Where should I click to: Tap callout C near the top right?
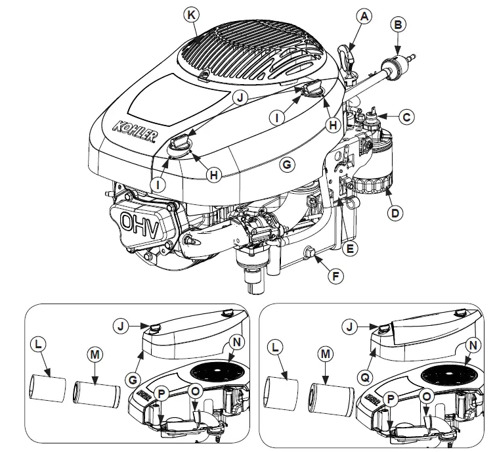[408, 117]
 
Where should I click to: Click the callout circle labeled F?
[335, 277]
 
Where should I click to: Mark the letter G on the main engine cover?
[286, 164]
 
